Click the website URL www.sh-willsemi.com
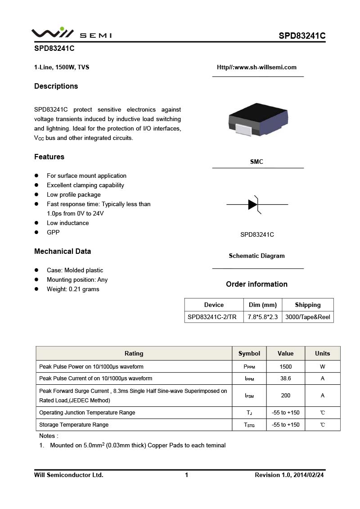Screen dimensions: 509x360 tap(256, 68)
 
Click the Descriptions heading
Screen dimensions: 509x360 tap(56, 86)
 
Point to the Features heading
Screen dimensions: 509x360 tap(49, 157)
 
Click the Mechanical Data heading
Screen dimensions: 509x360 tap(62, 252)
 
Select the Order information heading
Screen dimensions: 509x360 tap(256, 284)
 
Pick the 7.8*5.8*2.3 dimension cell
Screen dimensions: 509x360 tap(263, 317)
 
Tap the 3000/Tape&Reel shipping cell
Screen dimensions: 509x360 tap(308, 317)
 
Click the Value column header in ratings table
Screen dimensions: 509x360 tap(285, 353)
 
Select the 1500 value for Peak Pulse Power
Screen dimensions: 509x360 tap(285, 367)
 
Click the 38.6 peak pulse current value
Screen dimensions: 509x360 tap(285, 378)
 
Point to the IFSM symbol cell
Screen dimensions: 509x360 tap(249, 396)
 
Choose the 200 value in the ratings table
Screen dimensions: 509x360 tap(285, 396)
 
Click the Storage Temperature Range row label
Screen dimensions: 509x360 tap(74, 425)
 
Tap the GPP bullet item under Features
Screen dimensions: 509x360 tap(53, 233)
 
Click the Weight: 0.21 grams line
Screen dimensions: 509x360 tap(73, 289)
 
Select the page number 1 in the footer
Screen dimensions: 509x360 tap(186, 475)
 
